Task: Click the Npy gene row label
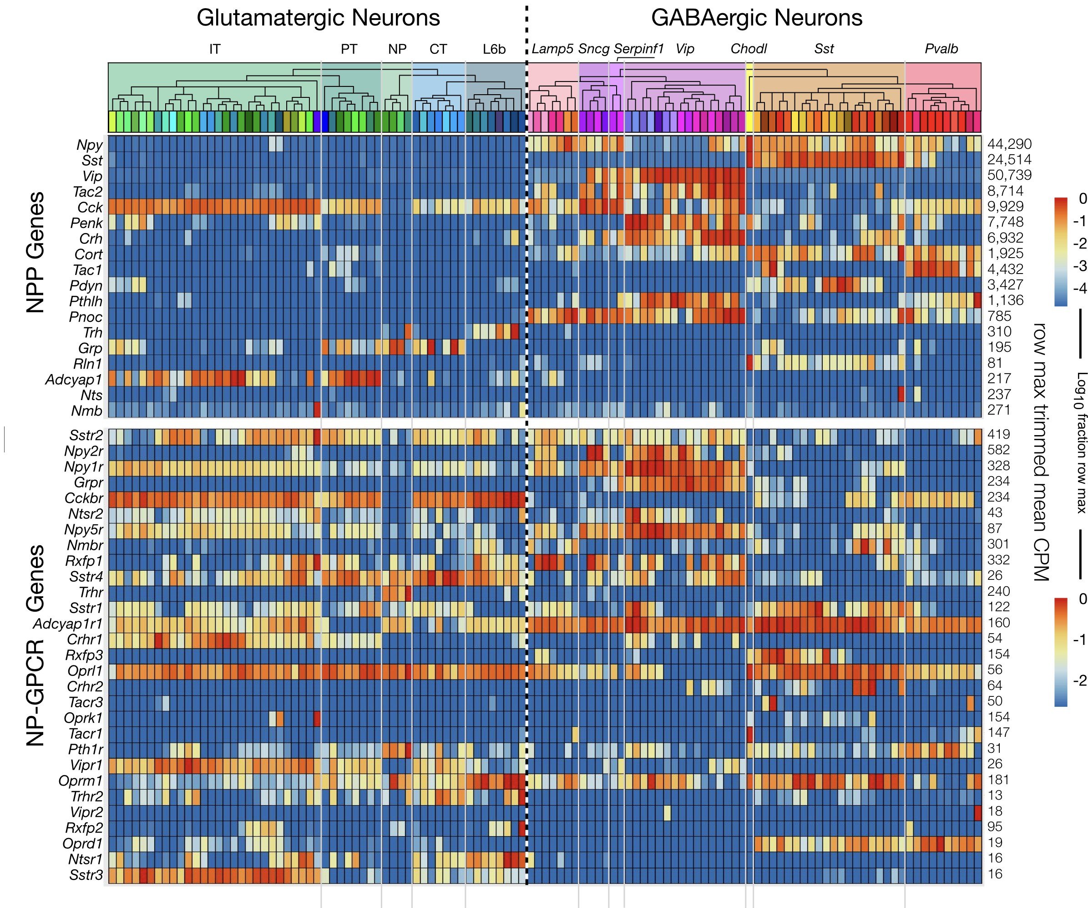click(89, 145)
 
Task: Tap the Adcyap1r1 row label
click(68, 624)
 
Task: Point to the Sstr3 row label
click(86, 875)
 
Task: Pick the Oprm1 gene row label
click(80, 781)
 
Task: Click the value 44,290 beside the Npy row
click(1009, 144)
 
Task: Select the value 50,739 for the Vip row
click(1009, 175)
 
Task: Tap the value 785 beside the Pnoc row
click(999, 316)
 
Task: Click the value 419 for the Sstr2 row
click(998, 434)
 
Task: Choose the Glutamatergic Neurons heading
click(318, 18)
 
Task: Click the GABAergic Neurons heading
click(756, 18)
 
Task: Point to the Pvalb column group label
click(941, 49)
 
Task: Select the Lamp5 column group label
click(552, 49)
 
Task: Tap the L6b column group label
click(494, 49)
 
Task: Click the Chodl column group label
click(748, 49)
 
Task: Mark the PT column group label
click(349, 49)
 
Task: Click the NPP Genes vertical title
click(35, 253)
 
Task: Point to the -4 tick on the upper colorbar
click(1079, 288)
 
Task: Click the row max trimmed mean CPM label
click(1040, 451)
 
